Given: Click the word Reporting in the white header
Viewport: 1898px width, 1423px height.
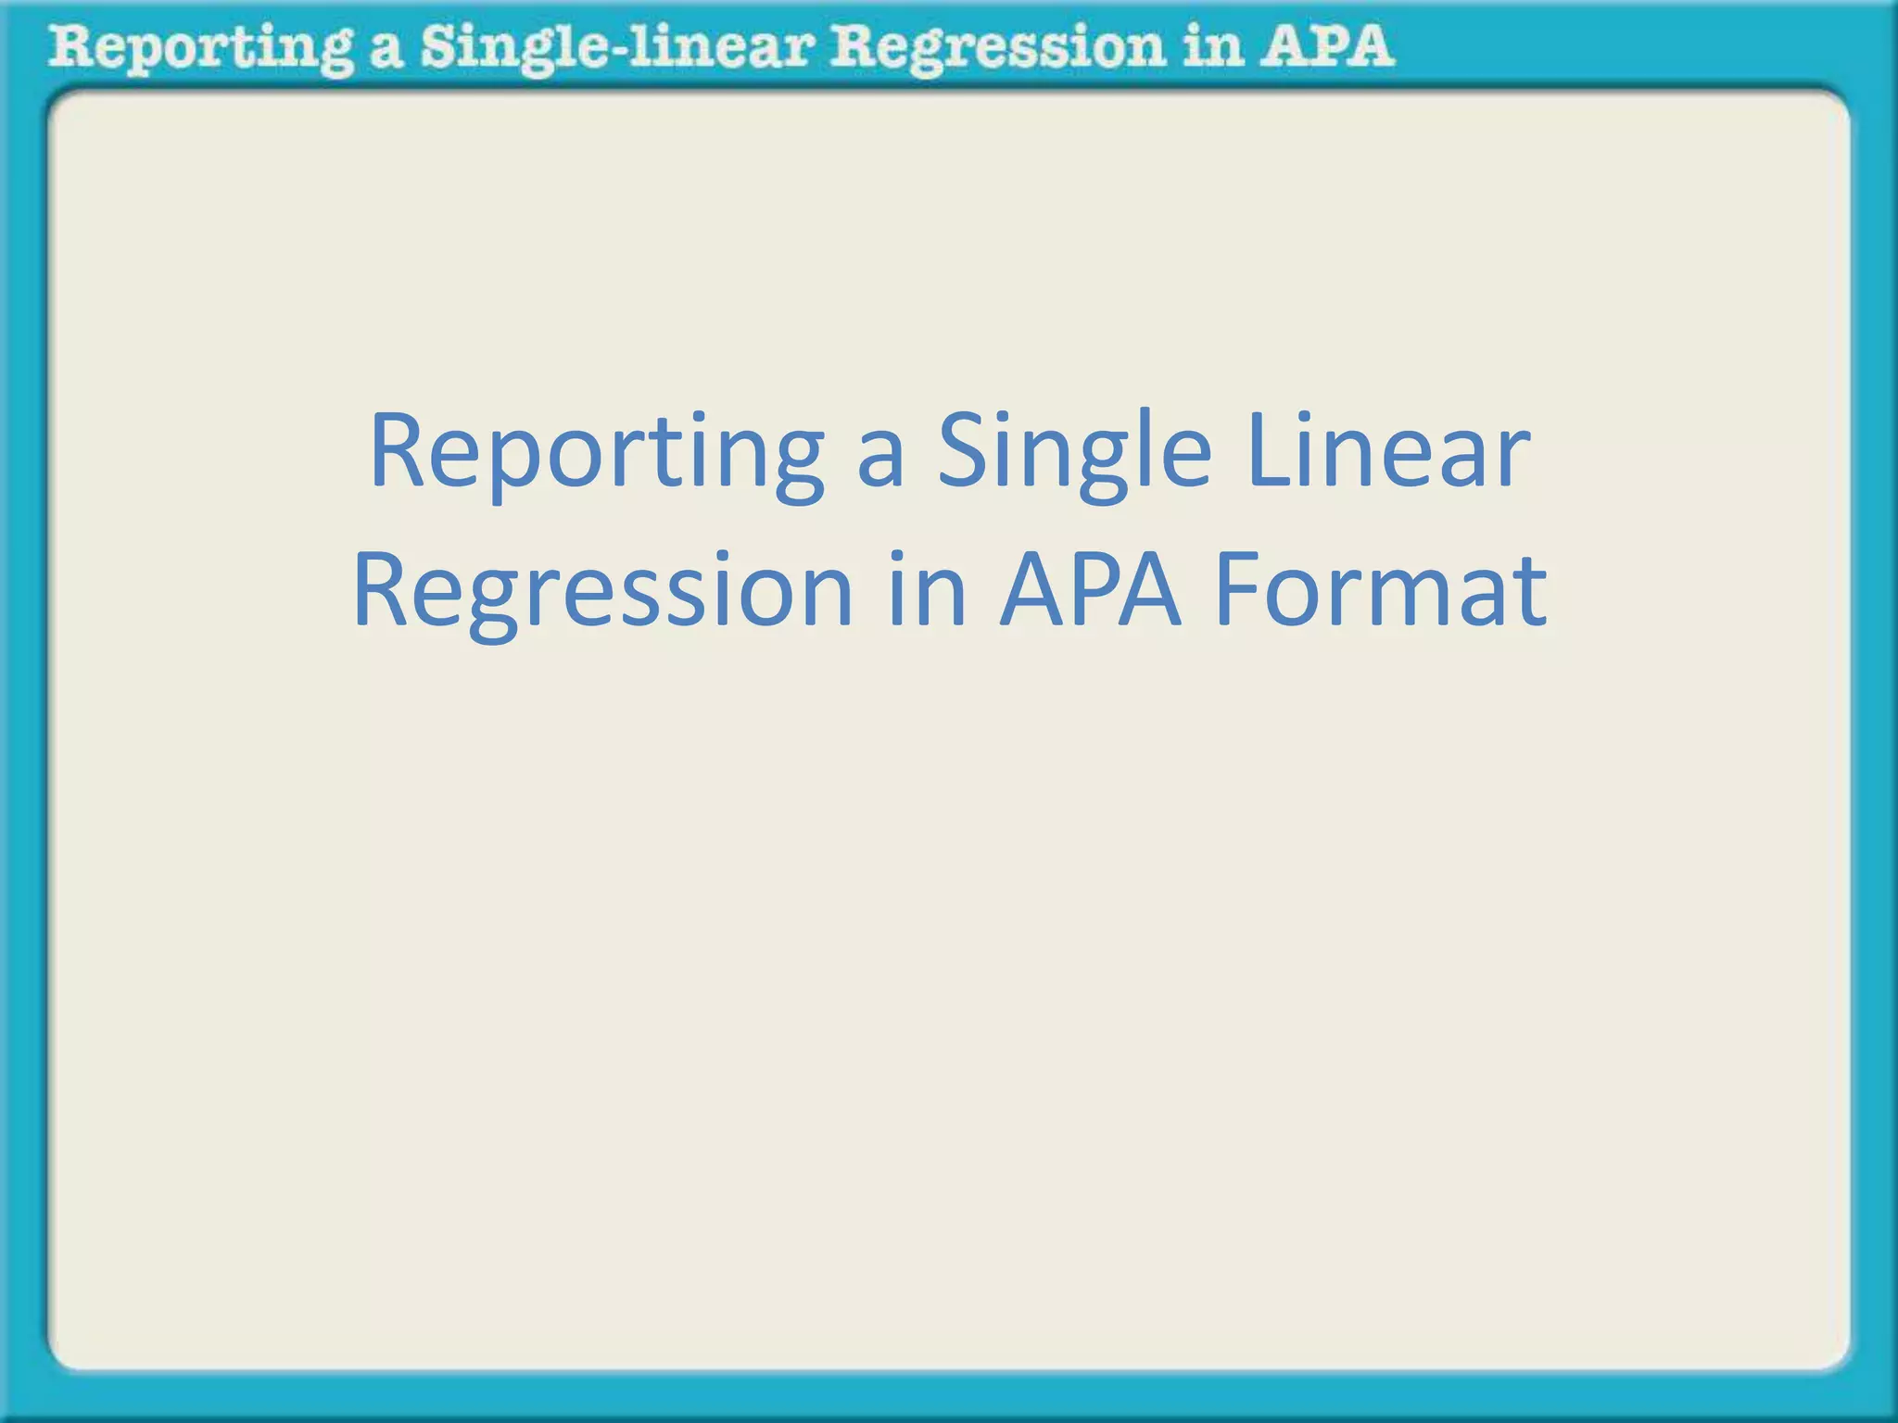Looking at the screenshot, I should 200,48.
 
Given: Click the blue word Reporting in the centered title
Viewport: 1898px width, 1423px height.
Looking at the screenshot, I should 596,451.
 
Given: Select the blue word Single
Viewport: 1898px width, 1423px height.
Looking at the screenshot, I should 1073,451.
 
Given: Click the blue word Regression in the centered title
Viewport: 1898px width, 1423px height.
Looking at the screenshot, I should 602,591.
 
